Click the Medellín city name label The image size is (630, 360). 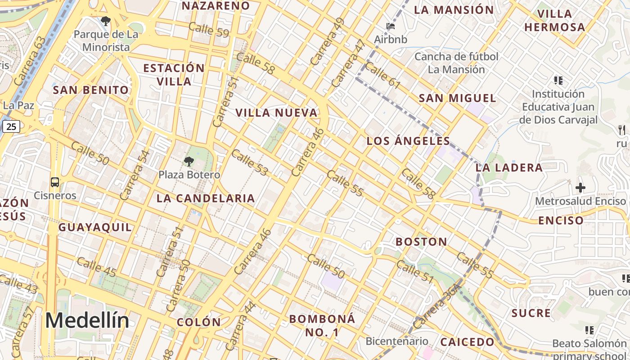click(x=87, y=321)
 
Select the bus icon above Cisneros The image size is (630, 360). click(x=55, y=182)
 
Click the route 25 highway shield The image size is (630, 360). click(x=11, y=126)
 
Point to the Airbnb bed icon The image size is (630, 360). click(x=391, y=26)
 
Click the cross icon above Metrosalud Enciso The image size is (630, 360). click(x=580, y=187)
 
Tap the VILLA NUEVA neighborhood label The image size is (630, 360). click(x=277, y=113)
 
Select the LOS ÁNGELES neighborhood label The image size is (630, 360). click(x=408, y=141)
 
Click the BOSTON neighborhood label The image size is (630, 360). click(x=421, y=242)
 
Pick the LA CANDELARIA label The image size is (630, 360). click(x=206, y=198)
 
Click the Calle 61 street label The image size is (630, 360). click(x=382, y=75)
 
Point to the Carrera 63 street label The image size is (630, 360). click(x=30, y=61)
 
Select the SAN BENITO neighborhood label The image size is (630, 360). click(x=91, y=90)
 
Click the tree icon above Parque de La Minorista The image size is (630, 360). click(x=106, y=21)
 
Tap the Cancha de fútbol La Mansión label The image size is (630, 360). click(x=456, y=63)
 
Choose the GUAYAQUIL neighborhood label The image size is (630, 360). click(x=95, y=227)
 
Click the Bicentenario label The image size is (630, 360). click(x=396, y=341)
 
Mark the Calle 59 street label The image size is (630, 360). click(x=209, y=30)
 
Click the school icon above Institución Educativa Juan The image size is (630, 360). click(x=558, y=81)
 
